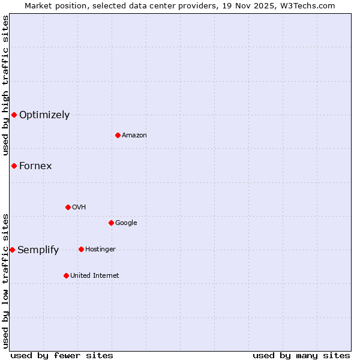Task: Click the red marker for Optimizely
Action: pos(14,115)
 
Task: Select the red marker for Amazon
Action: pos(118,135)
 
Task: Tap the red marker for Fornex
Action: pos(14,166)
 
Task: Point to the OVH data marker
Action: pos(68,207)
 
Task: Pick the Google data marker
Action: pos(111,223)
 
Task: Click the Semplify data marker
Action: pos(12,250)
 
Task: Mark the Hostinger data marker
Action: pos(81,249)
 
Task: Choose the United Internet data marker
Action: pos(66,275)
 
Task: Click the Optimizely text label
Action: pos(44,115)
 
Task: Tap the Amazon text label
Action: pos(134,136)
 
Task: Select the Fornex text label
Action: pos(35,166)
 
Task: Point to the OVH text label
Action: pos(79,208)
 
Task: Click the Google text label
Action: pos(126,223)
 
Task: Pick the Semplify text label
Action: pos(38,250)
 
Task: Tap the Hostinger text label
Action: pos(100,250)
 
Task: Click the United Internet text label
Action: pos(95,276)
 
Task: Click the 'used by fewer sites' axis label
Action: pos(62,355)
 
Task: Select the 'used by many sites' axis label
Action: pos(301,355)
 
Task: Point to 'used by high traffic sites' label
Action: pos(5,85)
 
